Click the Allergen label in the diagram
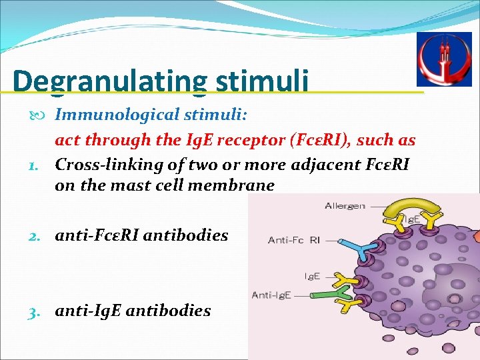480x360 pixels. (345, 206)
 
